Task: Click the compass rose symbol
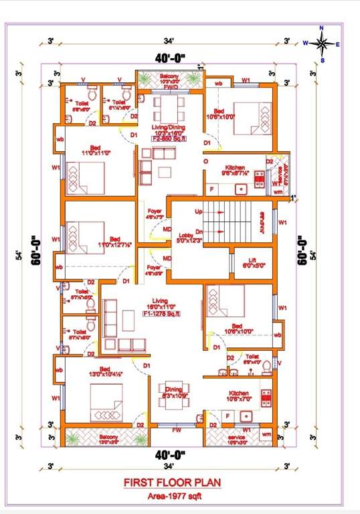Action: (x=321, y=44)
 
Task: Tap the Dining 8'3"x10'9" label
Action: (x=173, y=392)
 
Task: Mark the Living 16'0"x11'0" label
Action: (x=159, y=305)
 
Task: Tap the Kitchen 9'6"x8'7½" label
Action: (x=234, y=170)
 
